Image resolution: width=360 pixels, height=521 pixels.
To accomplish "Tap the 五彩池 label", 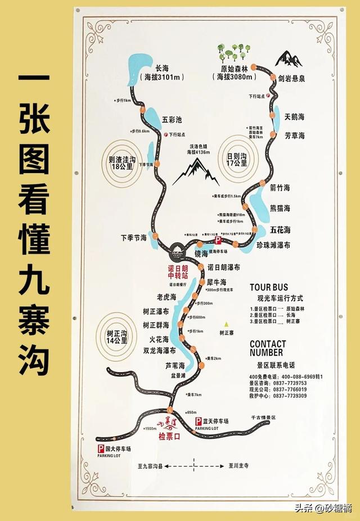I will click(172, 119).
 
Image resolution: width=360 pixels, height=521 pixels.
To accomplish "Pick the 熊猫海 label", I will click(280, 209).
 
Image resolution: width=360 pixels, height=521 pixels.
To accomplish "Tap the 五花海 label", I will click(280, 230).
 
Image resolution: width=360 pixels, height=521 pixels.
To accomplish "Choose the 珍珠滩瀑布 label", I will click(272, 245).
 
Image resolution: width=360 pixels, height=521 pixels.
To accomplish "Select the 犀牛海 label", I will click(216, 282).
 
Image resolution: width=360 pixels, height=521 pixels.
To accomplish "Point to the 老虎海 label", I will click(166, 296).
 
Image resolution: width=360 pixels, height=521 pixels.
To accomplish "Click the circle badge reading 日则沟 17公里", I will click(236, 159).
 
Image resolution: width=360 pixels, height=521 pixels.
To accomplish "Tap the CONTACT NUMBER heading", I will click(268, 348).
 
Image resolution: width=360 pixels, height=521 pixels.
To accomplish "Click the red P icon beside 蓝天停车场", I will click(198, 421).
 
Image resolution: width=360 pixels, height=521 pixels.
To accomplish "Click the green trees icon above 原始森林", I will click(232, 52).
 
